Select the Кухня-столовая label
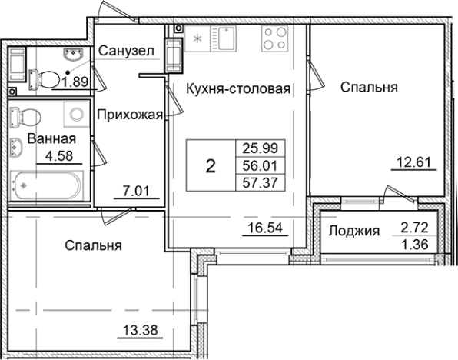[x=238, y=89]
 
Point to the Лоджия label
[x=354, y=230]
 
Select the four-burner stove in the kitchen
[x=275, y=39]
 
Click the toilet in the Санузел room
[x=45, y=78]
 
